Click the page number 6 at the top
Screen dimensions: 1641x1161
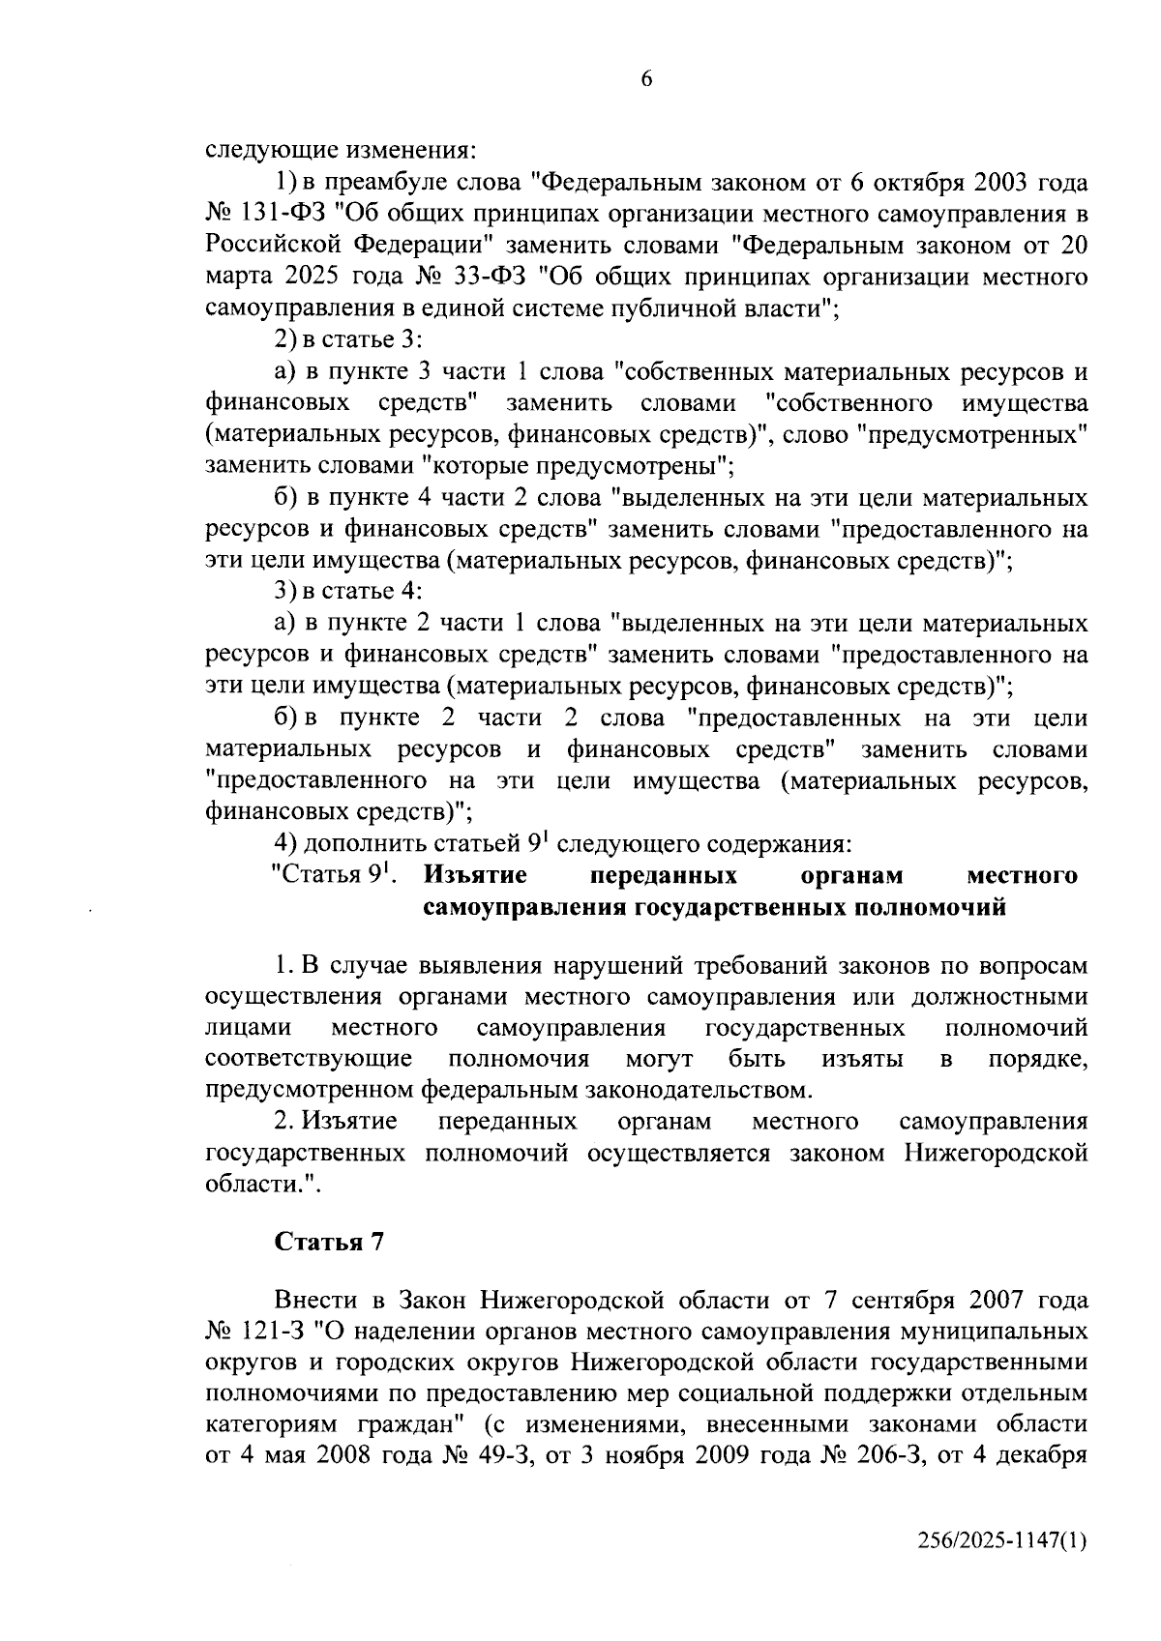(x=646, y=80)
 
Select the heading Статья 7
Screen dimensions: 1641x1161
(x=330, y=1242)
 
